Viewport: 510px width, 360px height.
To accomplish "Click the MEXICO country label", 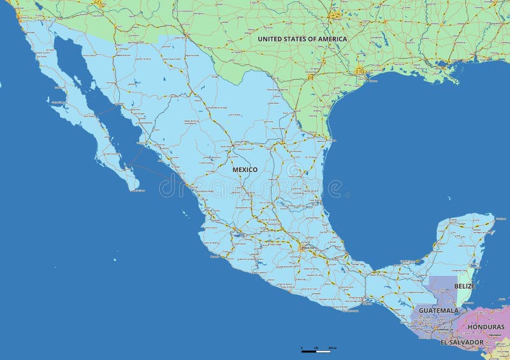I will tap(245, 170).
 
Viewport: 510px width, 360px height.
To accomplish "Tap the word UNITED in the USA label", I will tap(272, 39).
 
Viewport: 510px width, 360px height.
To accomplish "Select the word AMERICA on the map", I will tap(332, 39).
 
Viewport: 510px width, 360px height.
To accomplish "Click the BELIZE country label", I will tap(465, 286).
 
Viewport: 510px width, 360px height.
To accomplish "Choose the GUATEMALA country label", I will tap(439, 311).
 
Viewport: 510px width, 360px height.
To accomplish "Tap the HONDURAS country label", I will tap(486, 327).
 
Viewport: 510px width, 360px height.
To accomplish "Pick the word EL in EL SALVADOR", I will tap(444, 342).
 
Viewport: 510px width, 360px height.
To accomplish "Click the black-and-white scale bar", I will tap(316, 350).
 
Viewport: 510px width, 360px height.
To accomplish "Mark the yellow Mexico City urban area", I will tap(303, 247).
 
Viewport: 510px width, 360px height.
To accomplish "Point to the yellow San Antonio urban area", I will tap(310, 77).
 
